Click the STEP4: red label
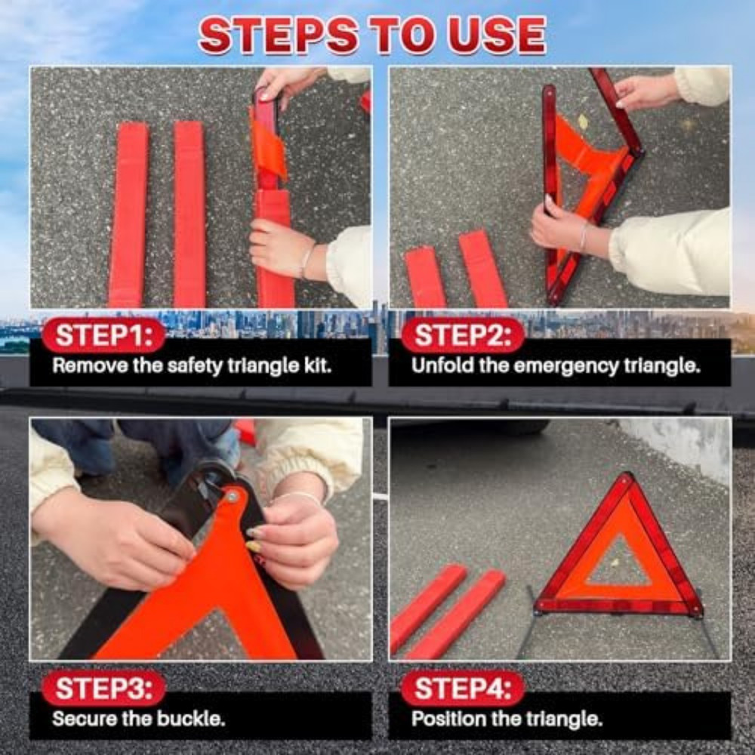pos(462,689)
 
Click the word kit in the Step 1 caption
pos(316,366)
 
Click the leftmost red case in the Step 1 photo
pos(128,215)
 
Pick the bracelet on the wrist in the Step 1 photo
pos(306,260)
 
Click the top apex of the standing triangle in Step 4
pos(626,478)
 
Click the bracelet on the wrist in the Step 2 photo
pos(583,237)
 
